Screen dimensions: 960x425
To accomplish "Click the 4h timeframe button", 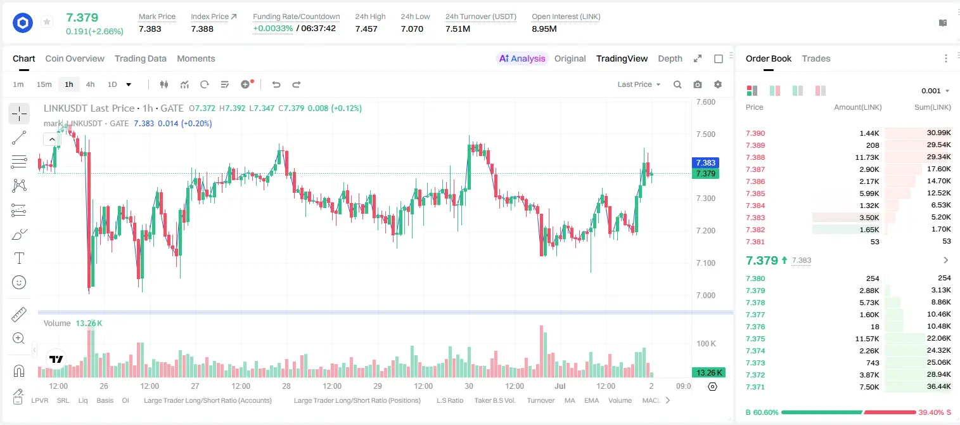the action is pos(90,84).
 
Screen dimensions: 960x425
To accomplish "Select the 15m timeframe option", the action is pos(44,84).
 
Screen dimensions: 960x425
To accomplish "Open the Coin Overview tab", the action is pos(75,58).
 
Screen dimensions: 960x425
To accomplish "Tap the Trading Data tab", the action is pos(141,58).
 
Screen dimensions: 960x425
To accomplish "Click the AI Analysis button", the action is pos(522,58).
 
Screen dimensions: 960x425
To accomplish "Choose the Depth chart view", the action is pos(670,58).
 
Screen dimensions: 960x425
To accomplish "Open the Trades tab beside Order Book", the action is pos(816,58).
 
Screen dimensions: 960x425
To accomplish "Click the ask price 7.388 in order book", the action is pos(755,157).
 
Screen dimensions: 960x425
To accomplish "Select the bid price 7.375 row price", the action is pos(755,338).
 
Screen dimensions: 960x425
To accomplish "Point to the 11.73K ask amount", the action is pos(867,157).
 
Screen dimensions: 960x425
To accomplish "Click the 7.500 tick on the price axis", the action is pos(706,134).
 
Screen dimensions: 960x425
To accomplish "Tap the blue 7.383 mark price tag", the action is pos(705,162).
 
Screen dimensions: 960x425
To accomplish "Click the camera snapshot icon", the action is pos(698,84).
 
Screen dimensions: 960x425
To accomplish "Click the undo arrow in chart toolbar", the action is pos(276,84).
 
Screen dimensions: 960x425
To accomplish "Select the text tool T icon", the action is pos(19,258).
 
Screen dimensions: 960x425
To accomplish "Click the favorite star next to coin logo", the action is pos(47,22).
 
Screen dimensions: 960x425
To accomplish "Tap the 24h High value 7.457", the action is pos(366,29).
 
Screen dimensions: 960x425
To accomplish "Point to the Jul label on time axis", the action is pos(560,386).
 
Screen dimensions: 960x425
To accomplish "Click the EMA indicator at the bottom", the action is pos(591,400).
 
